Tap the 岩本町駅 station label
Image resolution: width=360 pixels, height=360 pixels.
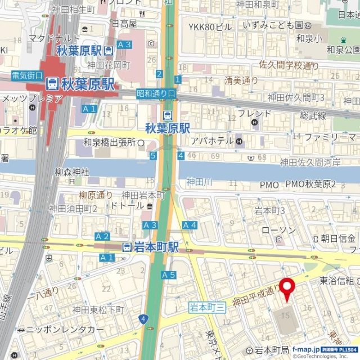click(x=150, y=247)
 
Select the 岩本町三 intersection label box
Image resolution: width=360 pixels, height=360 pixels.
click(x=207, y=307)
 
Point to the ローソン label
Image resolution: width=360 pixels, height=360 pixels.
click(x=278, y=231)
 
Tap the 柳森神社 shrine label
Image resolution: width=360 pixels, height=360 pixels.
click(x=72, y=172)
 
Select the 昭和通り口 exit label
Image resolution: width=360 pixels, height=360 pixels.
click(x=156, y=93)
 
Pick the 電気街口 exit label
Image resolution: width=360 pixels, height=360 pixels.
click(x=27, y=75)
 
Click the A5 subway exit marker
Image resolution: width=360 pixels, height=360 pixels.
click(x=169, y=275)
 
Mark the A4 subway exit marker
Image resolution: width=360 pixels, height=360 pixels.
click(x=190, y=226)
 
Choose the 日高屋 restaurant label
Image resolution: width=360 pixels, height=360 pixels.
click(x=124, y=24)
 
